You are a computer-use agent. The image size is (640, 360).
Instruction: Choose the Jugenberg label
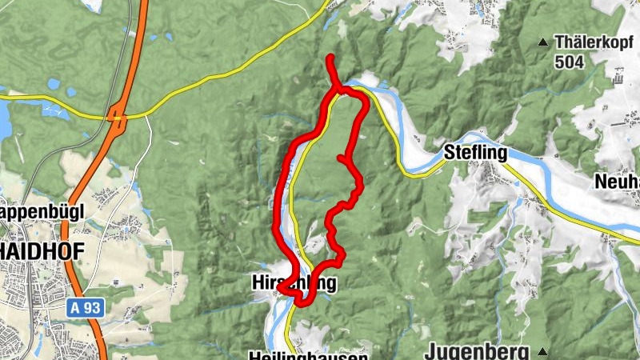477,351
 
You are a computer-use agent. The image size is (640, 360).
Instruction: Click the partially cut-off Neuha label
616,182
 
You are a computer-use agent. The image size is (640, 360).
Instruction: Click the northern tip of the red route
330,57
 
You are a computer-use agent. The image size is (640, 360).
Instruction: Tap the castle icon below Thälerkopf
618,80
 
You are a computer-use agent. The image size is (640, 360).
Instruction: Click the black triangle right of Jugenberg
543,352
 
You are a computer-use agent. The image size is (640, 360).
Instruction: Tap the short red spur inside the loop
344,161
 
